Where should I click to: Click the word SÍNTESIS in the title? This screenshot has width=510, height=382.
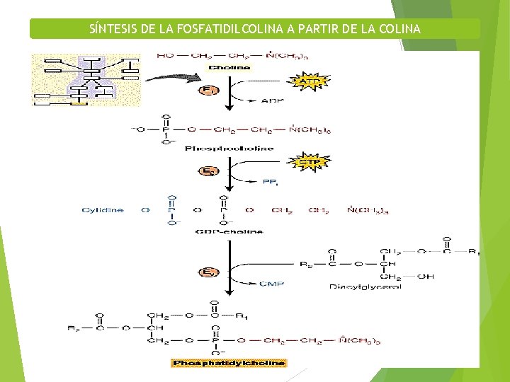point(113,29)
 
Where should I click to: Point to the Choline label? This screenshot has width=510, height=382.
point(228,68)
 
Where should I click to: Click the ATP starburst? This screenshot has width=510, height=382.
point(310,82)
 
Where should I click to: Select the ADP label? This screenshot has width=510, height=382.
point(272,101)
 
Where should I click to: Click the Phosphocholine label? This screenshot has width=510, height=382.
point(229,149)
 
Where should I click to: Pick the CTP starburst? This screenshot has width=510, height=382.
point(310,162)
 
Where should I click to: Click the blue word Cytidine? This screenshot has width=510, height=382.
point(103,210)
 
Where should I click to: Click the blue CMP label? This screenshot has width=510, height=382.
point(271,284)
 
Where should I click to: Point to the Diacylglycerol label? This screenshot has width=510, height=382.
point(365,286)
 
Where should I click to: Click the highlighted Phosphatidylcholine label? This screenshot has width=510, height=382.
point(229,363)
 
